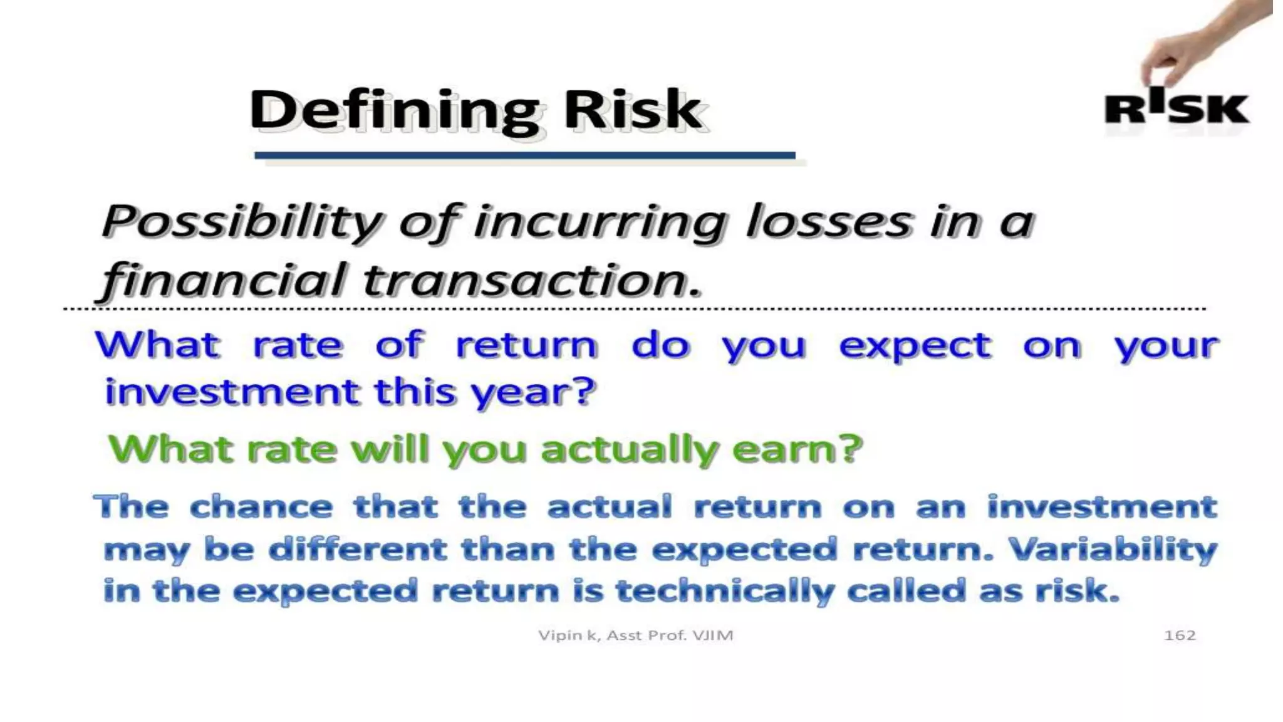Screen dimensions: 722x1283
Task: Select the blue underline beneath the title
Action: [x=525, y=155]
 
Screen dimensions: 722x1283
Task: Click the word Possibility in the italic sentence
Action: [x=242, y=222]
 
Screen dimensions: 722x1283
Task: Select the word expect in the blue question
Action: [x=915, y=346]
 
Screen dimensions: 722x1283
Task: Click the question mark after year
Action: [x=584, y=391]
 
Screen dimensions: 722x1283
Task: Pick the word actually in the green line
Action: [x=629, y=450]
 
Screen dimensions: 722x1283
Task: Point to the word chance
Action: [x=261, y=506]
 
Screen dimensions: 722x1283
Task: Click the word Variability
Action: [x=1113, y=549]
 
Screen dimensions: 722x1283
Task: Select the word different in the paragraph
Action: [x=357, y=549]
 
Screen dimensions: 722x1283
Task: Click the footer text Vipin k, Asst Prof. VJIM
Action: [x=635, y=636]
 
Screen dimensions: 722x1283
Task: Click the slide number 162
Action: [x=1179, y=636]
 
